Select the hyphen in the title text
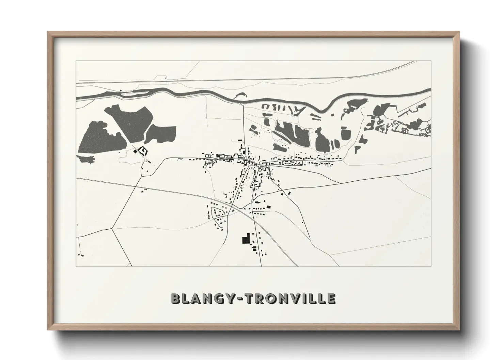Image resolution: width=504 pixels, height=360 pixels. point(239,299)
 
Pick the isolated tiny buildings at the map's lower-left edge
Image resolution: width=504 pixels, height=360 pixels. point(81,255)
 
